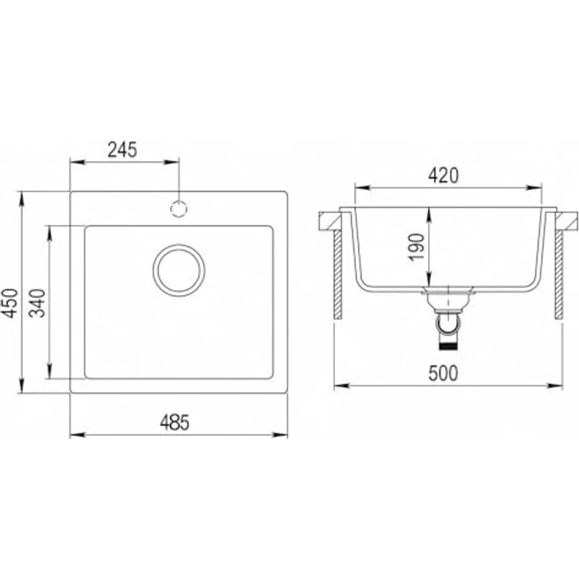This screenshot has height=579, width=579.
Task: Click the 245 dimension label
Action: click(x=122, y=149)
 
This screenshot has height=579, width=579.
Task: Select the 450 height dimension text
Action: click(x=9, y=303)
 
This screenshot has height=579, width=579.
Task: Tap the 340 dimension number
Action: click(x=38, y=303)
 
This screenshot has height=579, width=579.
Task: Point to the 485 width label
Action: click(x=175, y=422)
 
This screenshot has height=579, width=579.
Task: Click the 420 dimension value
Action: click(x=444, y=175)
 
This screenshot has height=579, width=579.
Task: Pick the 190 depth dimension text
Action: click(x=417, y=247)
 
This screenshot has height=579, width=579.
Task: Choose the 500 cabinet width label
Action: click(x=443, y=374)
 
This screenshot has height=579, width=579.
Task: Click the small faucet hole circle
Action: click(x=179, y=209)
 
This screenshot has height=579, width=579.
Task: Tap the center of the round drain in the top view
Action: click(x=179, y=271)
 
